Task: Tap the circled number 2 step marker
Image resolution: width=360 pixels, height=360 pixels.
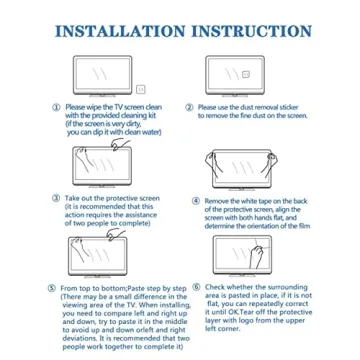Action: pos(191,105)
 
